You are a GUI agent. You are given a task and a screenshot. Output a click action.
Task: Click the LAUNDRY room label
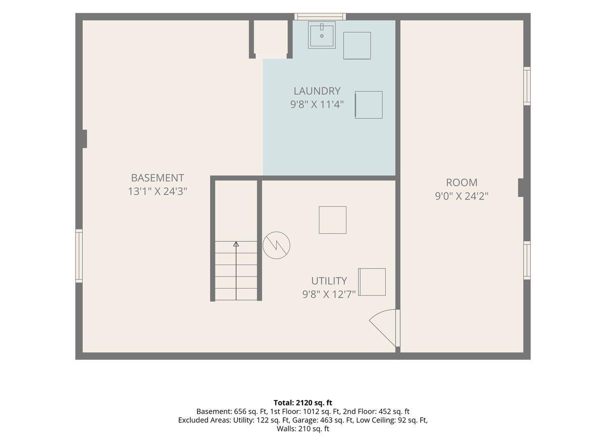point(317,91)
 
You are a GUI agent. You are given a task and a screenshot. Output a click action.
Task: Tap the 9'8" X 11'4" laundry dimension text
point(317,104)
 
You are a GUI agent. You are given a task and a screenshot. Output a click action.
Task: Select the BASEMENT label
point(158,178)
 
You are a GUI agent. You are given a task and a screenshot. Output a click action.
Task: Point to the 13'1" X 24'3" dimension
point(158,191)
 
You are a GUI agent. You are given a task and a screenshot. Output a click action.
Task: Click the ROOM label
point(462,183)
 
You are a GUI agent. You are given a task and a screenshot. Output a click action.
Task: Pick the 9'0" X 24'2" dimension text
point(462,196)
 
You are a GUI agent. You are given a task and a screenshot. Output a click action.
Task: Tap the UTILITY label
point(329,281)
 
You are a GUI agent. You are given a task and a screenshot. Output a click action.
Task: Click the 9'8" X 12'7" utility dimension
point(329,294)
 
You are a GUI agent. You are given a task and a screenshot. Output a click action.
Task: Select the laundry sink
point(322,35)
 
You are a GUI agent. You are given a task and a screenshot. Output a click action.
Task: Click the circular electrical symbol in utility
point(277,245)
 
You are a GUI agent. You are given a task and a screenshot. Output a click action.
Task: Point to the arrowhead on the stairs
point(236,244)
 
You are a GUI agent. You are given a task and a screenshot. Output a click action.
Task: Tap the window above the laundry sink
point(320,17)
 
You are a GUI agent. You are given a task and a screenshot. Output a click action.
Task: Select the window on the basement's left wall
point(79,256)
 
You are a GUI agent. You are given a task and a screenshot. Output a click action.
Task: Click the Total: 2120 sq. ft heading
point(302,403)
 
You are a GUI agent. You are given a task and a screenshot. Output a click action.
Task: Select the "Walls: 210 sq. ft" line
point(302,429)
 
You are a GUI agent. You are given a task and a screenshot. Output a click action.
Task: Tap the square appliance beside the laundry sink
point(357,46)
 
